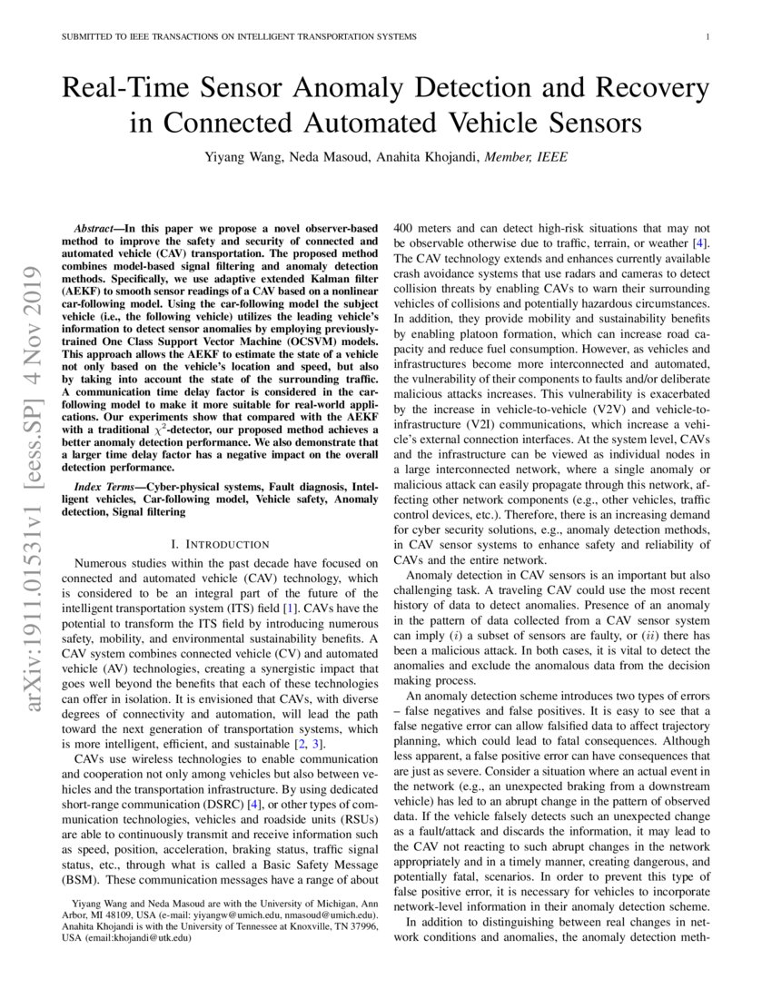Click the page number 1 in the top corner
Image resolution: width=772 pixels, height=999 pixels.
(x=707, y=36)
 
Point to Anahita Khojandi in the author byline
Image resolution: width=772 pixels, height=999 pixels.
(x=416, y=156)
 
